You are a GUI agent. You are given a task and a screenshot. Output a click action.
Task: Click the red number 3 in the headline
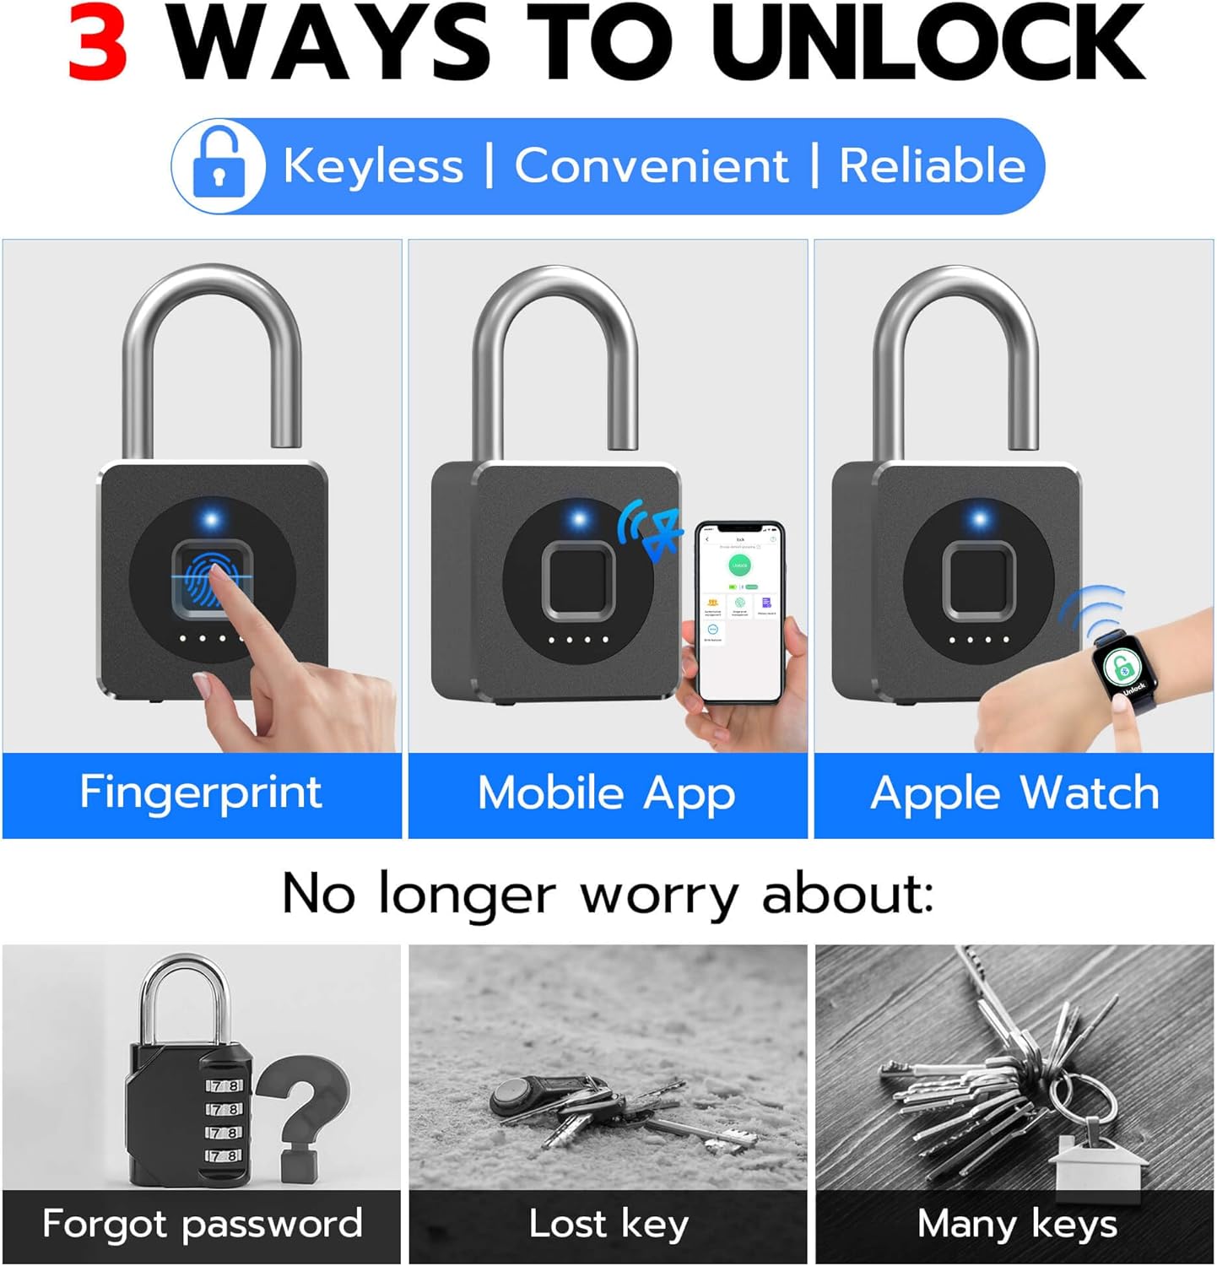pos(98,42)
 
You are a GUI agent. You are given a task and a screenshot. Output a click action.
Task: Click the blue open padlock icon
pos(219,165)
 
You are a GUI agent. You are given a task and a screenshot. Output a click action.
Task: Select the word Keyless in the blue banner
pos(373,165)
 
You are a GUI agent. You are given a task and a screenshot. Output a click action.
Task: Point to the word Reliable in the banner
pos(932,165)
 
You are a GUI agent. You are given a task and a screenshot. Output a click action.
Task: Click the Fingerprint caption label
pos(201,793)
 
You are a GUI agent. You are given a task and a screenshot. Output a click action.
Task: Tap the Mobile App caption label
pos(607,794)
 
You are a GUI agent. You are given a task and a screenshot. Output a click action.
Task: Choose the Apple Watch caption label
pos(1014,794)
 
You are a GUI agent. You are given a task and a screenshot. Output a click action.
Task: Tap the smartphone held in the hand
pos(740,612)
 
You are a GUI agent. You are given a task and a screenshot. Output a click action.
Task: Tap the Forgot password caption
pos(202,1224)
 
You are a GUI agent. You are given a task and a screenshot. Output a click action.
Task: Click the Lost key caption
pos(608,1224)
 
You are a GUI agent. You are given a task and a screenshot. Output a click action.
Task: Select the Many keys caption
pos(1016,1224)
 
